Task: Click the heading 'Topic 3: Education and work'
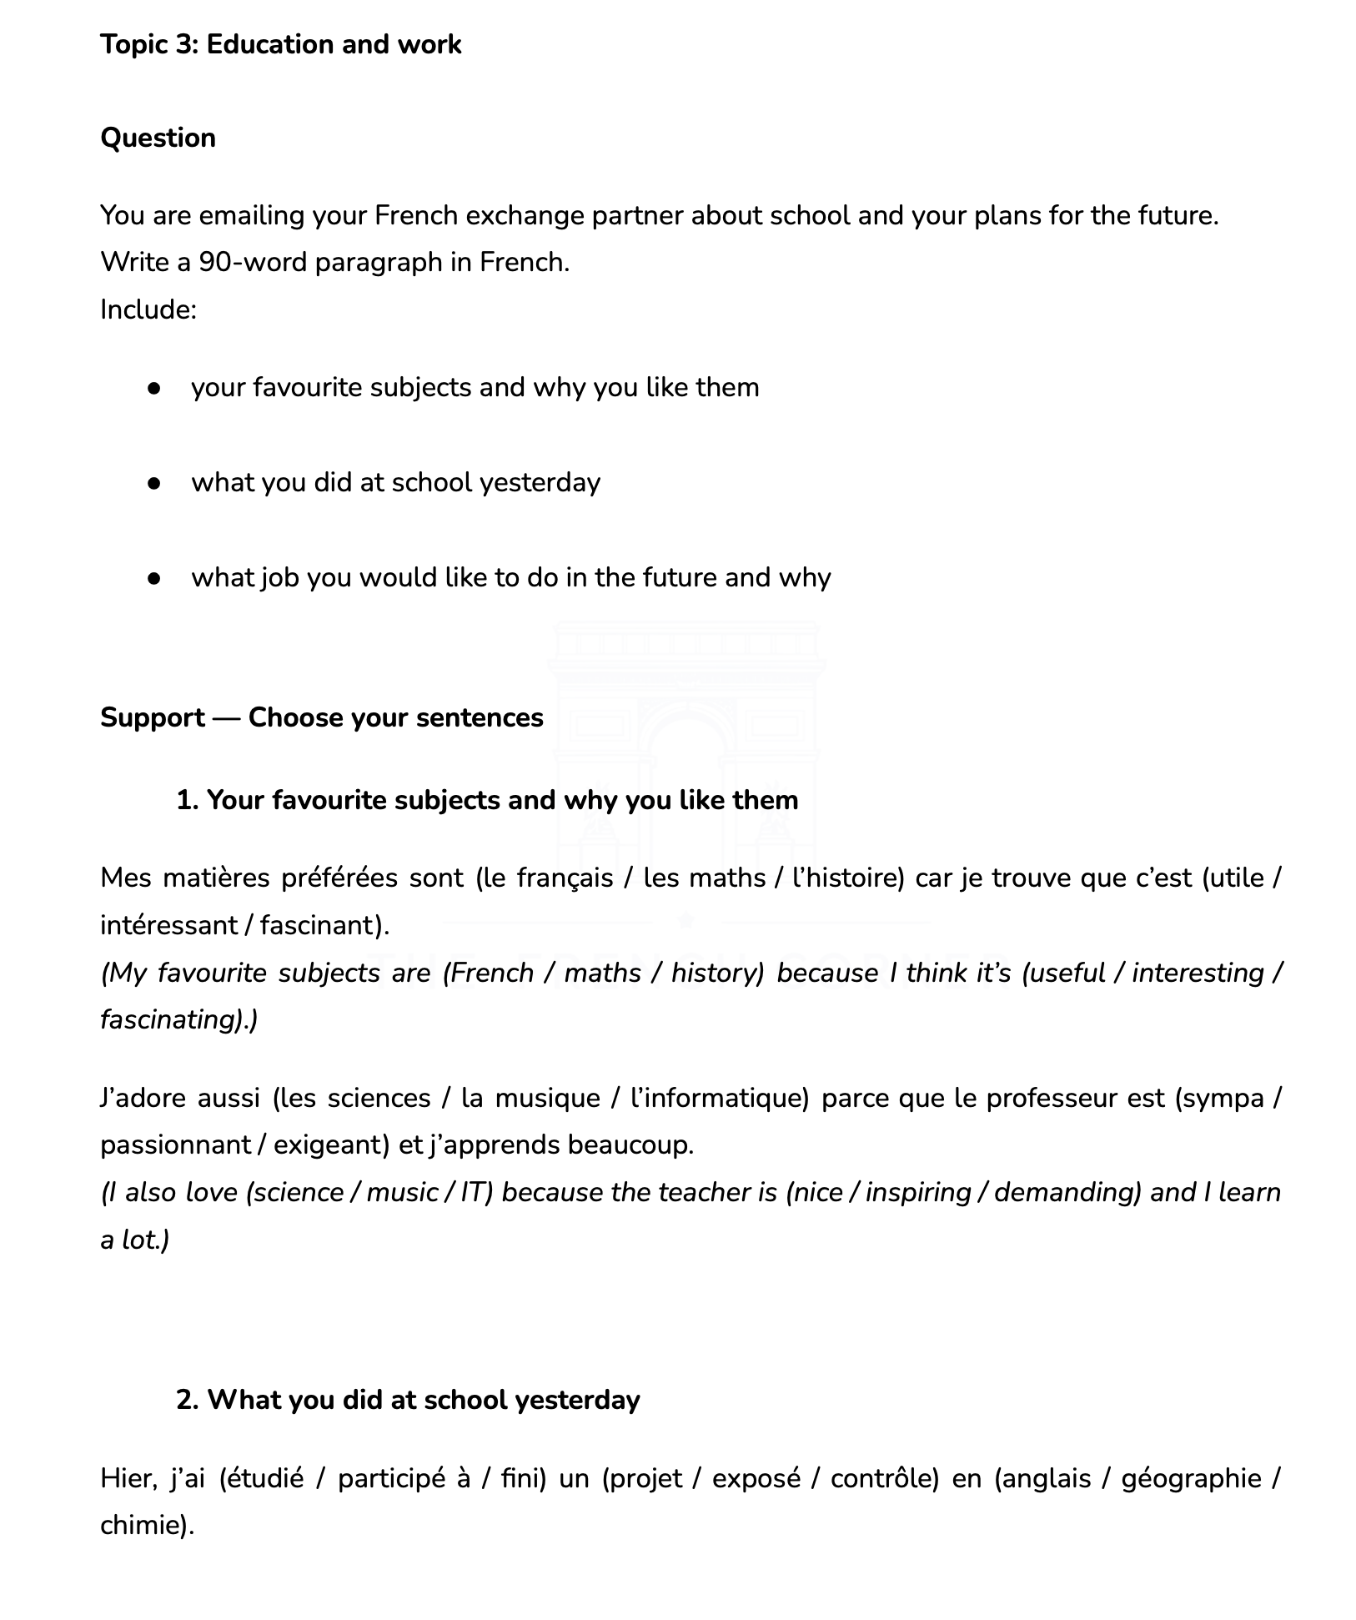[x=280, y=44]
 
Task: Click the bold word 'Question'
[x=158, y=138]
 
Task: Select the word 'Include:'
[x=148, y=310]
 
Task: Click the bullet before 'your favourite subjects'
[x=153, y=388]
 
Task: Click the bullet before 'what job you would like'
[x=153, y=578]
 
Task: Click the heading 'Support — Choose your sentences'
[x=321, y=717]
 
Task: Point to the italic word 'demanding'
[x=1066, y=1193]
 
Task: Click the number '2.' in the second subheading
[x=188, y=1400]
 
